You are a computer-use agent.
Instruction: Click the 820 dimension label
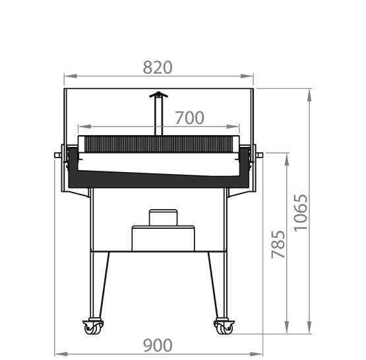coord(158,67)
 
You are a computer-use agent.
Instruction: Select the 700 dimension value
coord(189,118)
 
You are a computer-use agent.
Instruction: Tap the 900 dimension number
coord(158,345)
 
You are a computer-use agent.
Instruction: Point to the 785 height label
coord(278,244)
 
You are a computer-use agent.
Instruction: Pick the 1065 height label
coord(301,213)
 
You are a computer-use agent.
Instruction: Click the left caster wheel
coord(93,327)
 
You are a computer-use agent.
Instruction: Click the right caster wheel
coord(224,327)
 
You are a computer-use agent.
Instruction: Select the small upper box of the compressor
coord(163,218)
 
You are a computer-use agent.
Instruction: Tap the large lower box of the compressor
coord(163,238)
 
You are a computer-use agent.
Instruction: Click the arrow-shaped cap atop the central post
coord(158,94)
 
